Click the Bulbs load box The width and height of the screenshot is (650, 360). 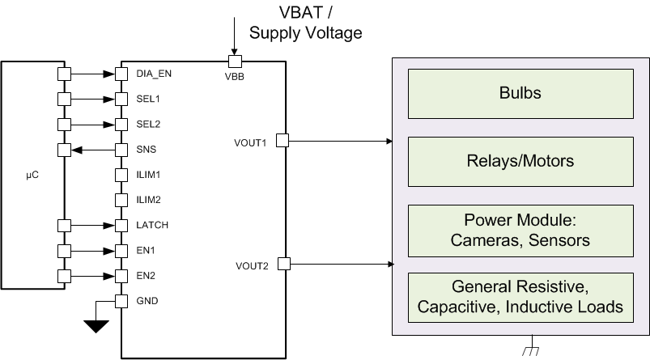[x=520, y=93]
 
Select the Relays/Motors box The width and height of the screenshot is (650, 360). [x=520, y=161]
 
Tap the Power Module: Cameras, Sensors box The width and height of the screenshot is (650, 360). [x=520, y=230]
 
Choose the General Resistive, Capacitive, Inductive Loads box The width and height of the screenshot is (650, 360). [x=520, y=297]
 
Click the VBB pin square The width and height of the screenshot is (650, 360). [x=234, y=61]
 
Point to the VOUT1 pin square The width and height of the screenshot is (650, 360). [x=283, y=141]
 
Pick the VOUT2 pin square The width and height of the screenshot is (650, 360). [x=283, y=264]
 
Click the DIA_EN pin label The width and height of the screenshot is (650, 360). [x=154, y=74]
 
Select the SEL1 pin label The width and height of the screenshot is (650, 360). [x=147, y=99]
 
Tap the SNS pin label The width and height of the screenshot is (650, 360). [x=146, y=150]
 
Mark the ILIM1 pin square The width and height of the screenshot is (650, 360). [x=121, y=175]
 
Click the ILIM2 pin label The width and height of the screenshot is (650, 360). [x=148, y=200]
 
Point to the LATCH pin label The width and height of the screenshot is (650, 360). [x=151, y=225]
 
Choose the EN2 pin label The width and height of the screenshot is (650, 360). [x=146, y=276]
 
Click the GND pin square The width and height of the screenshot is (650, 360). [x=121, y=302]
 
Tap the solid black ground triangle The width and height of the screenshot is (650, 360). [x=97, y=326]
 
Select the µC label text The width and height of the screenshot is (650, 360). [x=30, y=173]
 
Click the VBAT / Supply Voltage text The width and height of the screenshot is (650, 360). [x=305, y=23]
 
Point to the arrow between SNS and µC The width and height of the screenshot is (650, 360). [x=92, y=150]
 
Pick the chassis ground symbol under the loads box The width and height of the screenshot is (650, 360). [x=531, y=349]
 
